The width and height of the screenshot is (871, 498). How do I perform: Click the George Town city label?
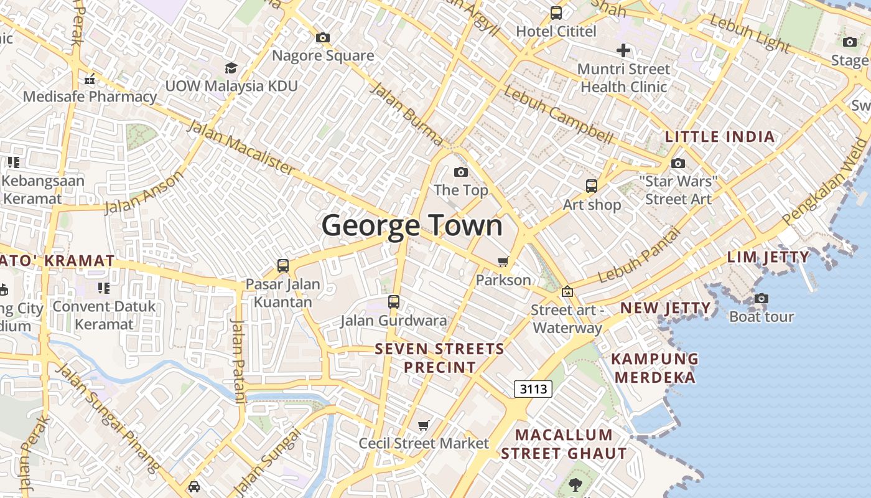coord(412,225)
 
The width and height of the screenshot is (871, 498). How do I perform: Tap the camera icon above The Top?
coord(461,172)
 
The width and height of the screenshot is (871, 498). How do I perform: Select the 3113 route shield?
coord(533,390)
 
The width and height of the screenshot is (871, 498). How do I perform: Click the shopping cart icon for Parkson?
coord(503,262)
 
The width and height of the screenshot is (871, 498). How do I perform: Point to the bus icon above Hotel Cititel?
coord(556,12)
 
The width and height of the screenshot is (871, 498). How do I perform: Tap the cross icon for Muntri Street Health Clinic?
coord(623,50)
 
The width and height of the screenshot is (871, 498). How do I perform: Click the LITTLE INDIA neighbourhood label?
coord(720,137)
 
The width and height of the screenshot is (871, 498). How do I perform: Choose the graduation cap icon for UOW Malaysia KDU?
coord(231,68)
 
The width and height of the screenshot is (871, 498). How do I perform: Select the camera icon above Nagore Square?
coord(322,37)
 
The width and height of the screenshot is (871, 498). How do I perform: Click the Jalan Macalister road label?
coord(241,148)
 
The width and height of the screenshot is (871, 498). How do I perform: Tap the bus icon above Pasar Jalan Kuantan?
coord(283,266)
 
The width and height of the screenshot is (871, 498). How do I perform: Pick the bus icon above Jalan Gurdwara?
coord(394,302)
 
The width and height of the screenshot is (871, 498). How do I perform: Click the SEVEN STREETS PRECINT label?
coord(440,358)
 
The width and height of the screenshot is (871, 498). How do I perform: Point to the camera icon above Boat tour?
coord(762,298)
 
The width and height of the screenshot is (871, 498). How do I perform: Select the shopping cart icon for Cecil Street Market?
coord(424,426)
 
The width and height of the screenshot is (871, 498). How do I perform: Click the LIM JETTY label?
coord(768,256)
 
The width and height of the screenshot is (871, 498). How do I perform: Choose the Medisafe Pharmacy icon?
coord(90,79)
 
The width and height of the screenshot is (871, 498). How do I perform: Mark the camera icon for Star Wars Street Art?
coord(678,164)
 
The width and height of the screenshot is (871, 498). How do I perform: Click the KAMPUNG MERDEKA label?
coord(654,368)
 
